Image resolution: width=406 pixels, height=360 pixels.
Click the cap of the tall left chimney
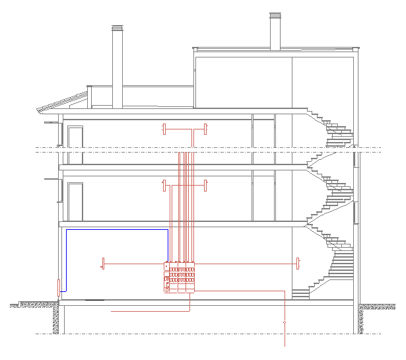(x=118, y=28)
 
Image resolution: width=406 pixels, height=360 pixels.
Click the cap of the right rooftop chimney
(x=275, y=15)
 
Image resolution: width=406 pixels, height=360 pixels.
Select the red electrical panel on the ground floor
(x=180, y=277)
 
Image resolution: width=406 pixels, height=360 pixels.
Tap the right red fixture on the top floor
(x=206, y=128)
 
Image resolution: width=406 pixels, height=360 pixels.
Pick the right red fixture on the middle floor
(x=206, y=185)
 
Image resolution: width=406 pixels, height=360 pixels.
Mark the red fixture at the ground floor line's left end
(x=103, y=264)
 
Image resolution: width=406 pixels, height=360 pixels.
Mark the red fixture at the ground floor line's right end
(x=298, y=264)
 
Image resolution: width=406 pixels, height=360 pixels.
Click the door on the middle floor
(x=75, y=201)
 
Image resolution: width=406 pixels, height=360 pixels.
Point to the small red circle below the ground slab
(x=285, y=322)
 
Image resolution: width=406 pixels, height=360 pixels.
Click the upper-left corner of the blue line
(x=66, y=230)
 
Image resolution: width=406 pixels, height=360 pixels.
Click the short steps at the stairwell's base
(x=300, y=293)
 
